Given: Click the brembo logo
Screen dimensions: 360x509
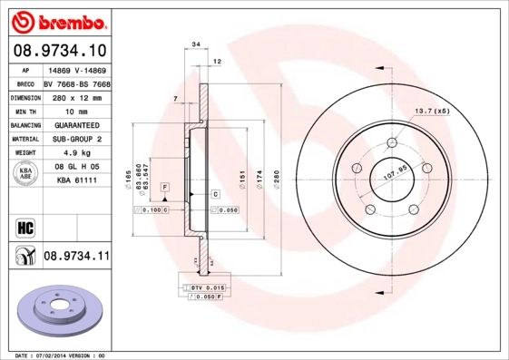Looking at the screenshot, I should [x=56, y=20].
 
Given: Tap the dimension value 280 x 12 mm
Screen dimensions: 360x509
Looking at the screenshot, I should [x=75, y=96].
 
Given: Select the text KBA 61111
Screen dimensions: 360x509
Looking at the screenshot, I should [x=75, y=181].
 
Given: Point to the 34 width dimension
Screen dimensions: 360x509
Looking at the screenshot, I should [x=196, y=44].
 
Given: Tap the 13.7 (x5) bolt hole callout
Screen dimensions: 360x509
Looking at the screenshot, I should [x=432, y=111].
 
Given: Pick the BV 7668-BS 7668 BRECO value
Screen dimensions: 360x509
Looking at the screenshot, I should [x=75, y=83].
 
